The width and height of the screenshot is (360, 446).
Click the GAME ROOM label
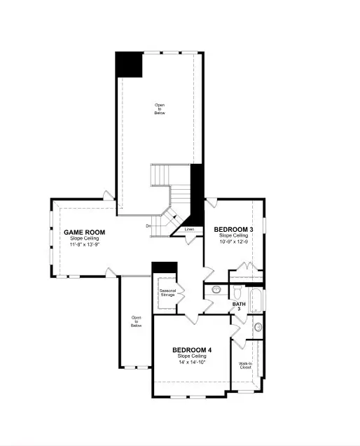(x=84, y=232)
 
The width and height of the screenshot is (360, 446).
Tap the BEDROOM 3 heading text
(x=232, y=230)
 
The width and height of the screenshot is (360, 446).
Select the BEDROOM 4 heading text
(x=192, y=350)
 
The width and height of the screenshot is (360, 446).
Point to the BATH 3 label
(x=238, y=306)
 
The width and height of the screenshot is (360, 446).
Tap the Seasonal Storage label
(x=167, y=293)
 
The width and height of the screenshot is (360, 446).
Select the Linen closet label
(x=189, y=230)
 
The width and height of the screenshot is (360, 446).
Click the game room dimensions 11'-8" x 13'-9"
(x=84, y=245)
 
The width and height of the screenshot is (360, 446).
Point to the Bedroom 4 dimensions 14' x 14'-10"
(x=192, y=363)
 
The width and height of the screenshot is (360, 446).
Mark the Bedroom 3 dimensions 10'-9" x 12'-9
(x=232, y=242)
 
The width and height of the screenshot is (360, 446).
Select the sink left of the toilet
(x=216, y=288)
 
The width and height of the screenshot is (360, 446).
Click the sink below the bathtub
(x=257, y=327)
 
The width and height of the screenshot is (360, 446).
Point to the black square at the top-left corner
(x=129, y=65)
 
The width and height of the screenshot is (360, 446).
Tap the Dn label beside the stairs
(x=148, y=225)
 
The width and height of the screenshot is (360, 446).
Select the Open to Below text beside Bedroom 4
(x=137, y=321)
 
